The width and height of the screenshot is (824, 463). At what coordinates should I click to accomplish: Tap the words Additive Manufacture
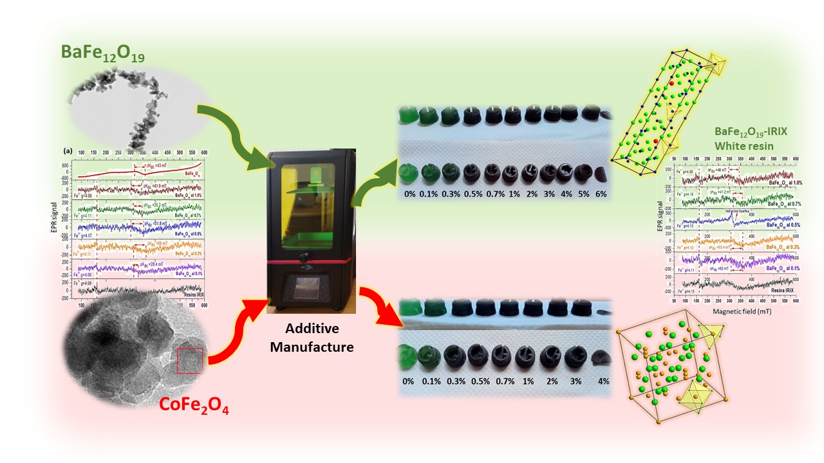coord(312,338)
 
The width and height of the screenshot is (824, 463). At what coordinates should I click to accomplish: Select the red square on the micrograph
coord(189,360)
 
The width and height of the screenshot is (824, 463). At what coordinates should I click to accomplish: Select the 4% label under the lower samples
coord(603,381)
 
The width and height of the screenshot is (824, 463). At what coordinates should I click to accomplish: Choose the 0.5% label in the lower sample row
coord(476,381)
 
